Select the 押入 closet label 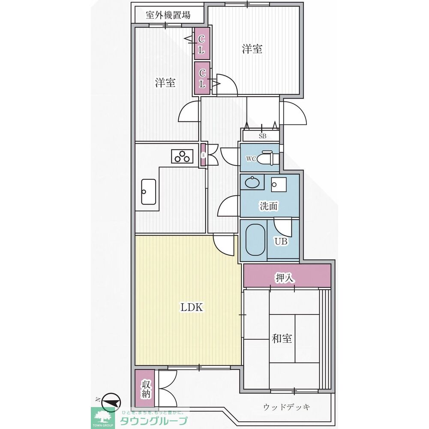pos(284,278)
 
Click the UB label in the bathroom pos(281,242)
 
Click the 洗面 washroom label pos(269,206)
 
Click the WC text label pos(251,159)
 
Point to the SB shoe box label pos(262,136)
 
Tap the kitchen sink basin pos(148,192)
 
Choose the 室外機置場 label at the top pos(168,16)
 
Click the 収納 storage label pos(146,388)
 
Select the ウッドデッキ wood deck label pos(287,407)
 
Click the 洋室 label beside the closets pos(165,82)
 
